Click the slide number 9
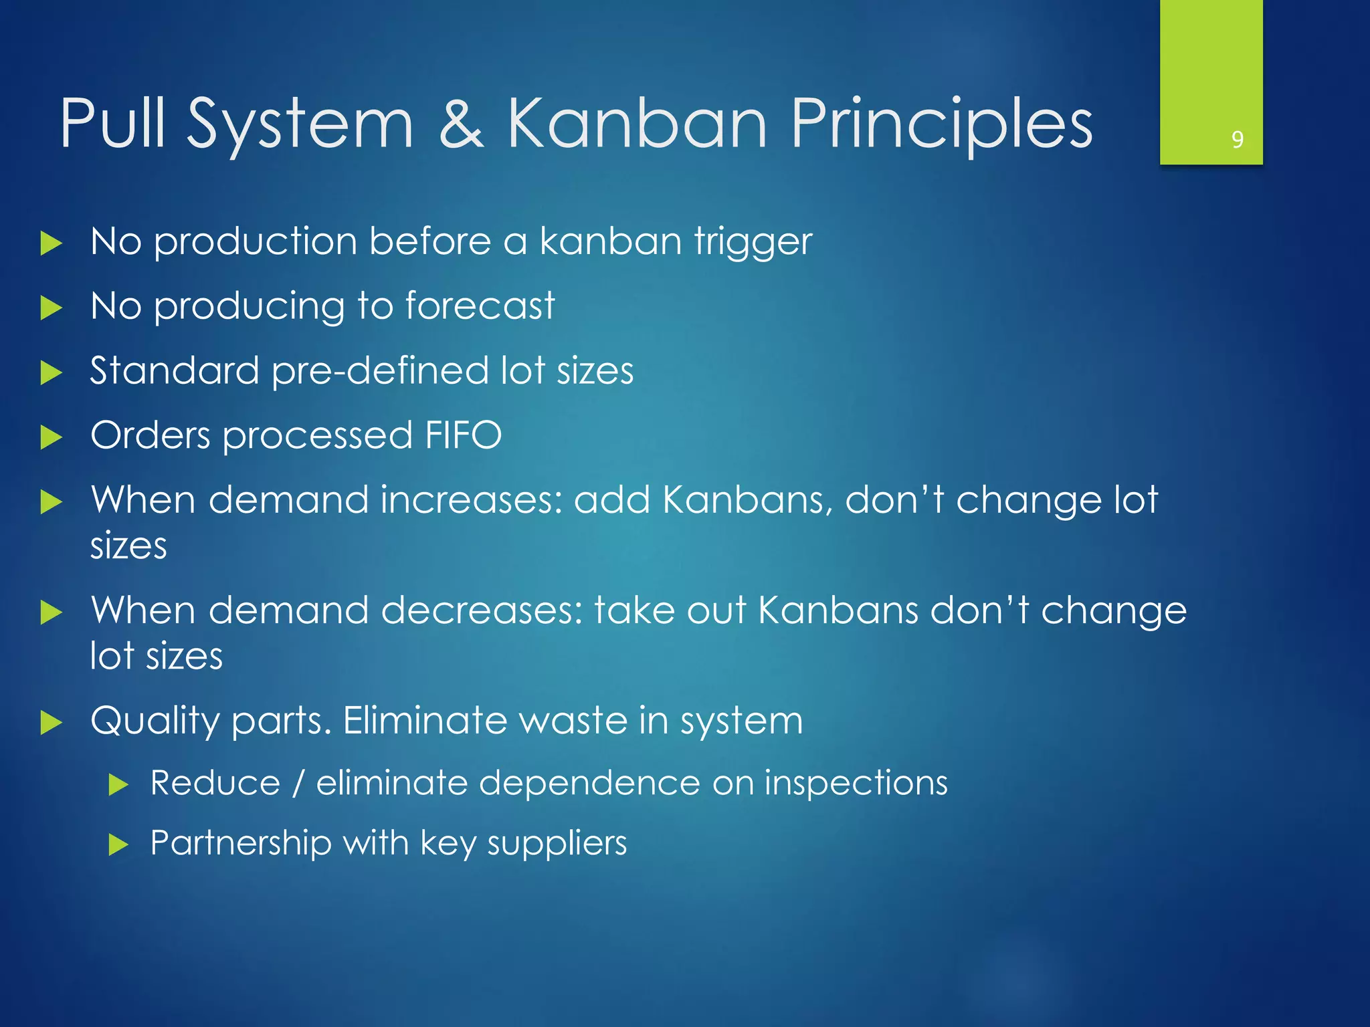click(x=1237, y=139)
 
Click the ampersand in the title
click(x=462, y=124)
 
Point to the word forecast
click(x=480, y=306)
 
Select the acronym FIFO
click(x=463, y=435)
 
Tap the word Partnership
click(x=241, y=843)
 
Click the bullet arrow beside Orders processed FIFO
click(x=51, y=438)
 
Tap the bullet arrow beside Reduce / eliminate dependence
click(x=118, y=784)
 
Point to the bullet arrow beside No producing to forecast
click(x=51, y=308)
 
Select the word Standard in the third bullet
click(x=174, y=370)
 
